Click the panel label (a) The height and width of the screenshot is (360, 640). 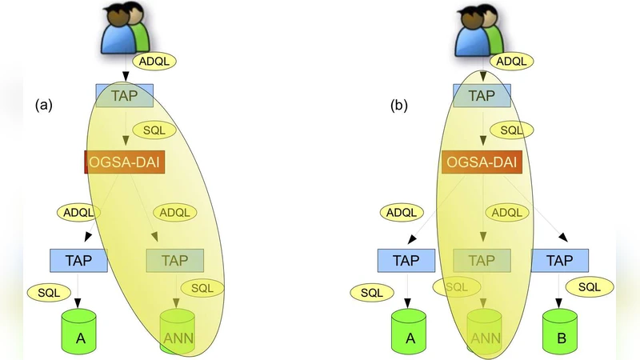43,105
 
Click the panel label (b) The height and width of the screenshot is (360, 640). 399,105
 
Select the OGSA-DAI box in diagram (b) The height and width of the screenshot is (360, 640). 481,163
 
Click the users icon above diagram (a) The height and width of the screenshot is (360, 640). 125,31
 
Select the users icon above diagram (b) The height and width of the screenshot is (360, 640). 480,31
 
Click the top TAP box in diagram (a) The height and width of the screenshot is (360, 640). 124,96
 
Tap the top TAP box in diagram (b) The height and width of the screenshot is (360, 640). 482,96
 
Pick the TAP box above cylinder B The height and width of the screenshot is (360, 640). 559,260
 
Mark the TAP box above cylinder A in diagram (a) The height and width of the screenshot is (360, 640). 78,260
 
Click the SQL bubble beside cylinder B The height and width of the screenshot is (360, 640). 589,286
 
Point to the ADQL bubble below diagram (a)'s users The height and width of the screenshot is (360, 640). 154,60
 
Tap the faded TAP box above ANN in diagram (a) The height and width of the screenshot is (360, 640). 175,260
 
